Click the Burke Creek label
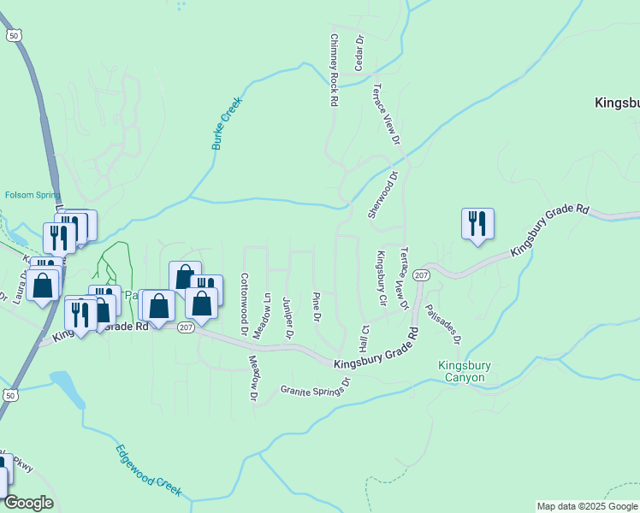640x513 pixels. (x=228, y=123)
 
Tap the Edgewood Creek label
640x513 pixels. (x=149, y=469)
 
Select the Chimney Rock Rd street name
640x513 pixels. (x=334, y=70)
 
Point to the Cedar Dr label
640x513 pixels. (x=359, y=53)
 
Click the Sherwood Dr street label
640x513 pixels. (x=383, y=195)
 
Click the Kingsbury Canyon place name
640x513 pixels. (x=465, y=371)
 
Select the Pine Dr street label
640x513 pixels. (x=317, y=306)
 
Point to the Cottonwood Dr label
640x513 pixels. (x=245, y=304)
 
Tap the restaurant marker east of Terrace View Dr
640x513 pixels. (x=477, y=224)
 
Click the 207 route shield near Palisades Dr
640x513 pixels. (x=420, y=274)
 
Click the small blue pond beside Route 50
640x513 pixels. (x=68, y=390)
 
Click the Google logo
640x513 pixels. (x=28, y=502)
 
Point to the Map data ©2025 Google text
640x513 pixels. (x=587, y=506)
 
